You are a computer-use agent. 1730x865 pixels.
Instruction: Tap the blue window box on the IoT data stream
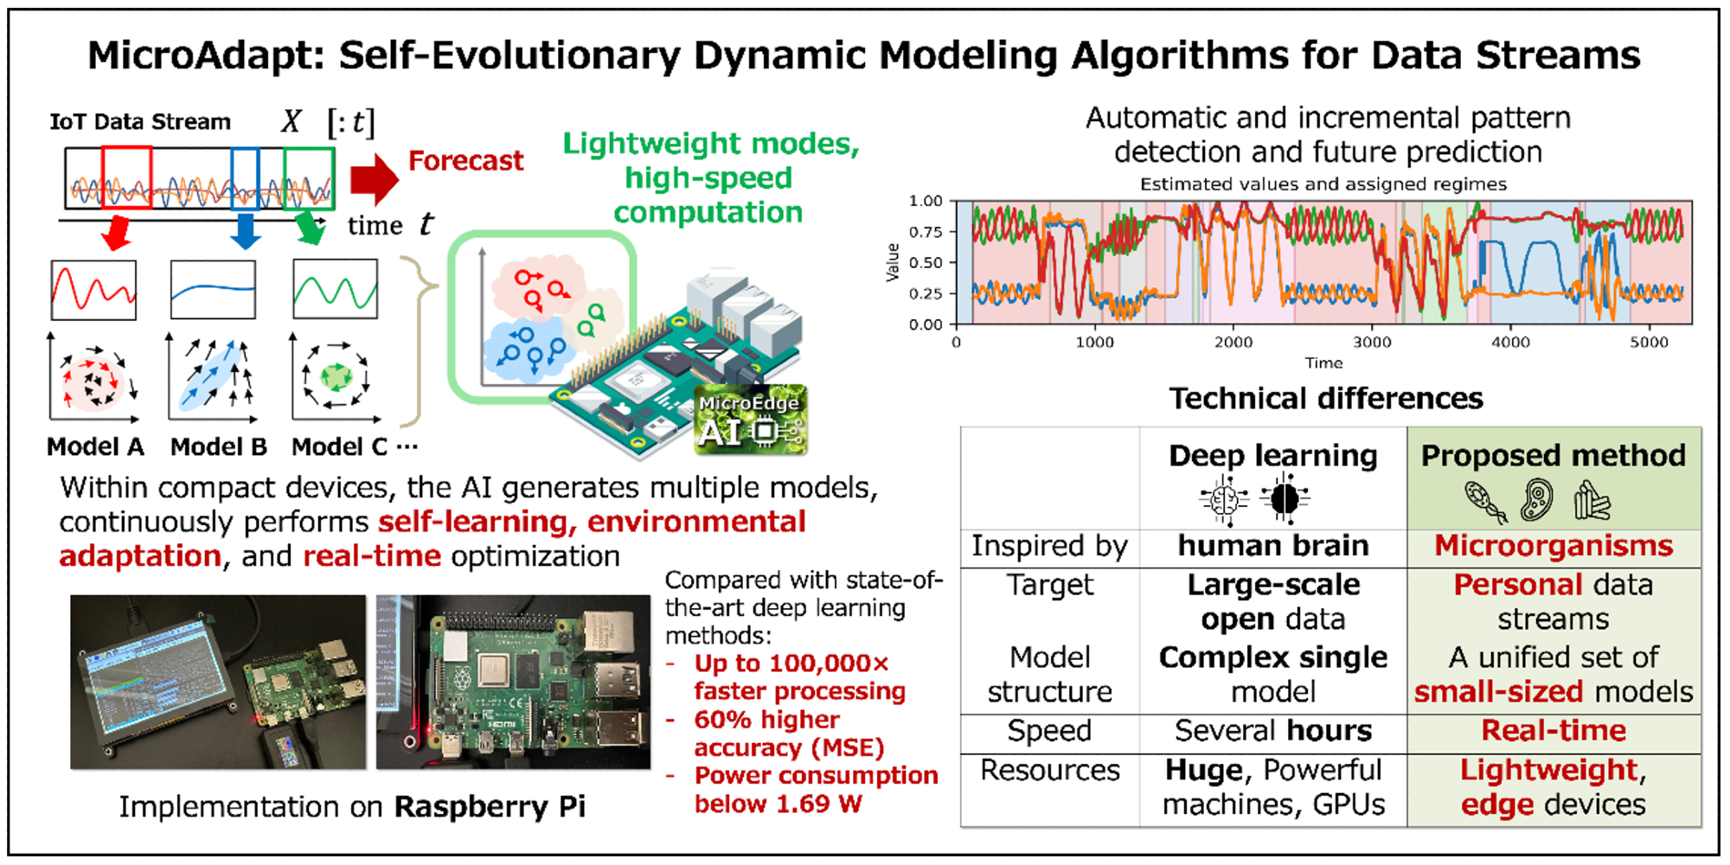point(245,178)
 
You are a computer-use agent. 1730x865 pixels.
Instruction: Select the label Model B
point(218,447)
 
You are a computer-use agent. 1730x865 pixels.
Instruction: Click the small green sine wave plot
point(335,290)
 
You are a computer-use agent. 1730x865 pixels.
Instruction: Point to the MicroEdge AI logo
point(751,420)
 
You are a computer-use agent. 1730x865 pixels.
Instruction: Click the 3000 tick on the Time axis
point(1372,343)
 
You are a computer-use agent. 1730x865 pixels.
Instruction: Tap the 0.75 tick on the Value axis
point(925,232)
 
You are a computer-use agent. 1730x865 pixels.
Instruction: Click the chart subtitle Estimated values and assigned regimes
point(1323,184)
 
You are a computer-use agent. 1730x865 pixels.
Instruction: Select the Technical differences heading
point(1325,399)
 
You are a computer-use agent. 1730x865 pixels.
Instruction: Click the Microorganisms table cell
point(1553,547)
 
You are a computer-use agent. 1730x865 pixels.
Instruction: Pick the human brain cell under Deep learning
point(1272,547)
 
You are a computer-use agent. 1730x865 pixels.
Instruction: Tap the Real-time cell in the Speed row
point(1553,732)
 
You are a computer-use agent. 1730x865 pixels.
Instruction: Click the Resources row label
point(1049,771)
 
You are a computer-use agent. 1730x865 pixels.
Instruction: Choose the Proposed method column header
point(1553,456)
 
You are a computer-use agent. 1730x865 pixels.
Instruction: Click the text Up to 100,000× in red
point(791,664)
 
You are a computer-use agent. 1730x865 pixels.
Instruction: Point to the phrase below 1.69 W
point(778,804)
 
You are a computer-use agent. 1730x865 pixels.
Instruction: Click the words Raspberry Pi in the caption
point(490,807)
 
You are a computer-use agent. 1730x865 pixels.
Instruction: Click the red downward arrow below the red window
point(115,232)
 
